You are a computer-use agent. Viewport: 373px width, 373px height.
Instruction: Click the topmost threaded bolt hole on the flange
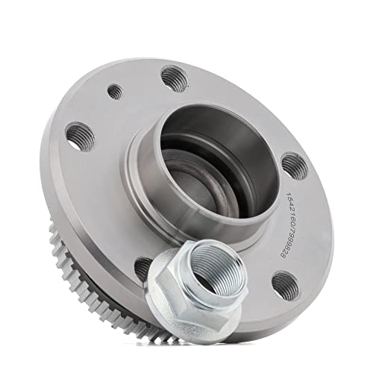173,75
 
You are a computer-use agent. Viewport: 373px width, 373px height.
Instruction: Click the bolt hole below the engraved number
282,283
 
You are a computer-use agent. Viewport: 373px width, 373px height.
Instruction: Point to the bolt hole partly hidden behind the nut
144,267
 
